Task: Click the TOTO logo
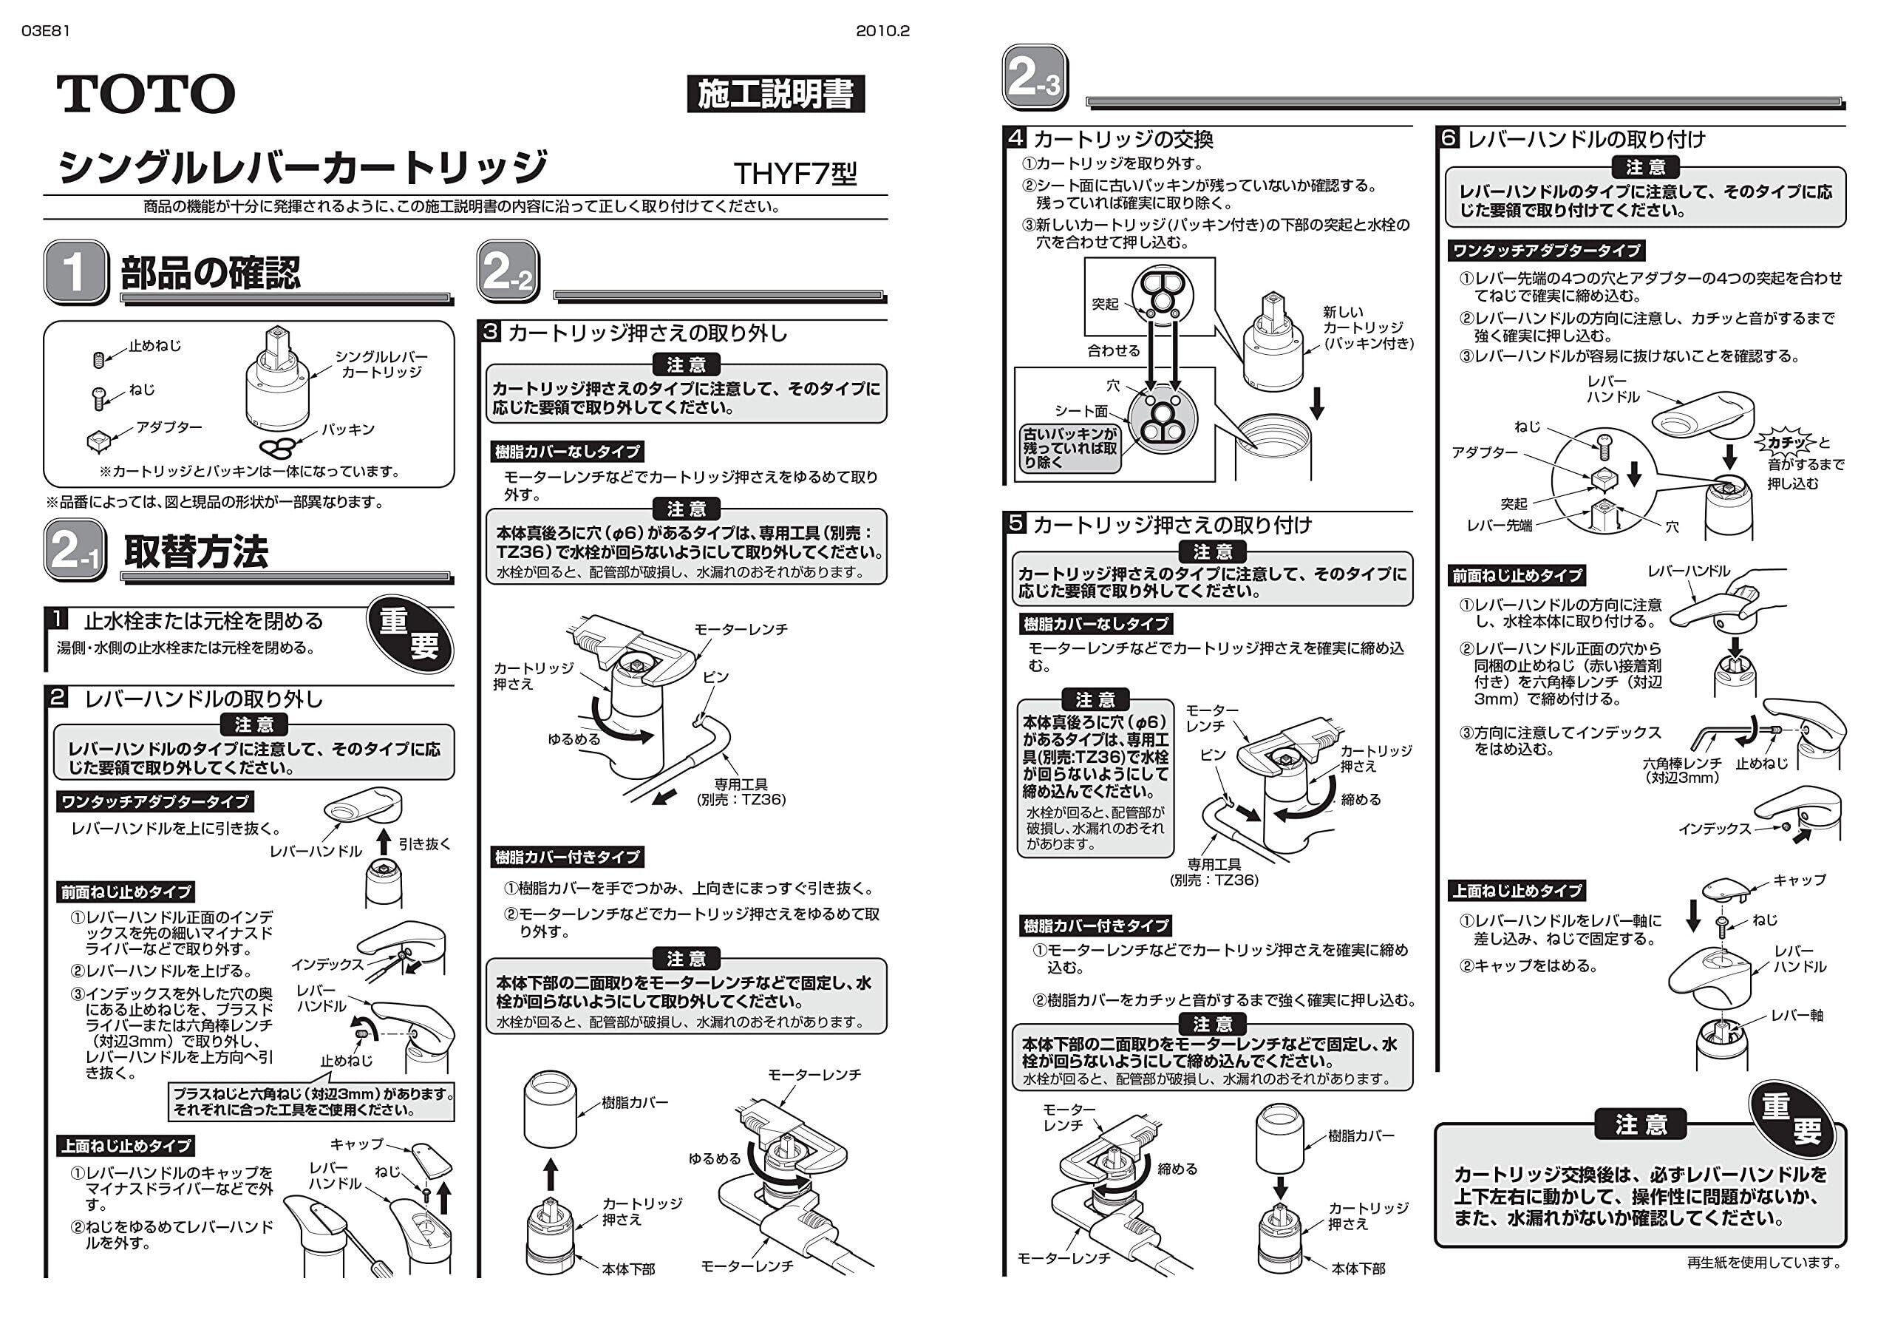click(146, 93)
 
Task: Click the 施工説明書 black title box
click(775, 94)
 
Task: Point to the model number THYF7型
click(794, 173)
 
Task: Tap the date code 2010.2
click(882, 31)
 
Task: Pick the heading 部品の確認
click(211, 273)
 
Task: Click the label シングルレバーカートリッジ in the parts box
click(381, 364)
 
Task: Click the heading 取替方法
click(196, 551)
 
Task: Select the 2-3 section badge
click(1034, 78)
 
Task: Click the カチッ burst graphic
click(1786, 443)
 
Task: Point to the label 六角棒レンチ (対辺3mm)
click(1681, 770)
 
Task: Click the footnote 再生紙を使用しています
click(1763, 1262)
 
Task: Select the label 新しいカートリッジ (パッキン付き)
click(1367, 328)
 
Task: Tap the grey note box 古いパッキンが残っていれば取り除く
click(1069, 447)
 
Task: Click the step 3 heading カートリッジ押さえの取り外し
click(647, 333)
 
